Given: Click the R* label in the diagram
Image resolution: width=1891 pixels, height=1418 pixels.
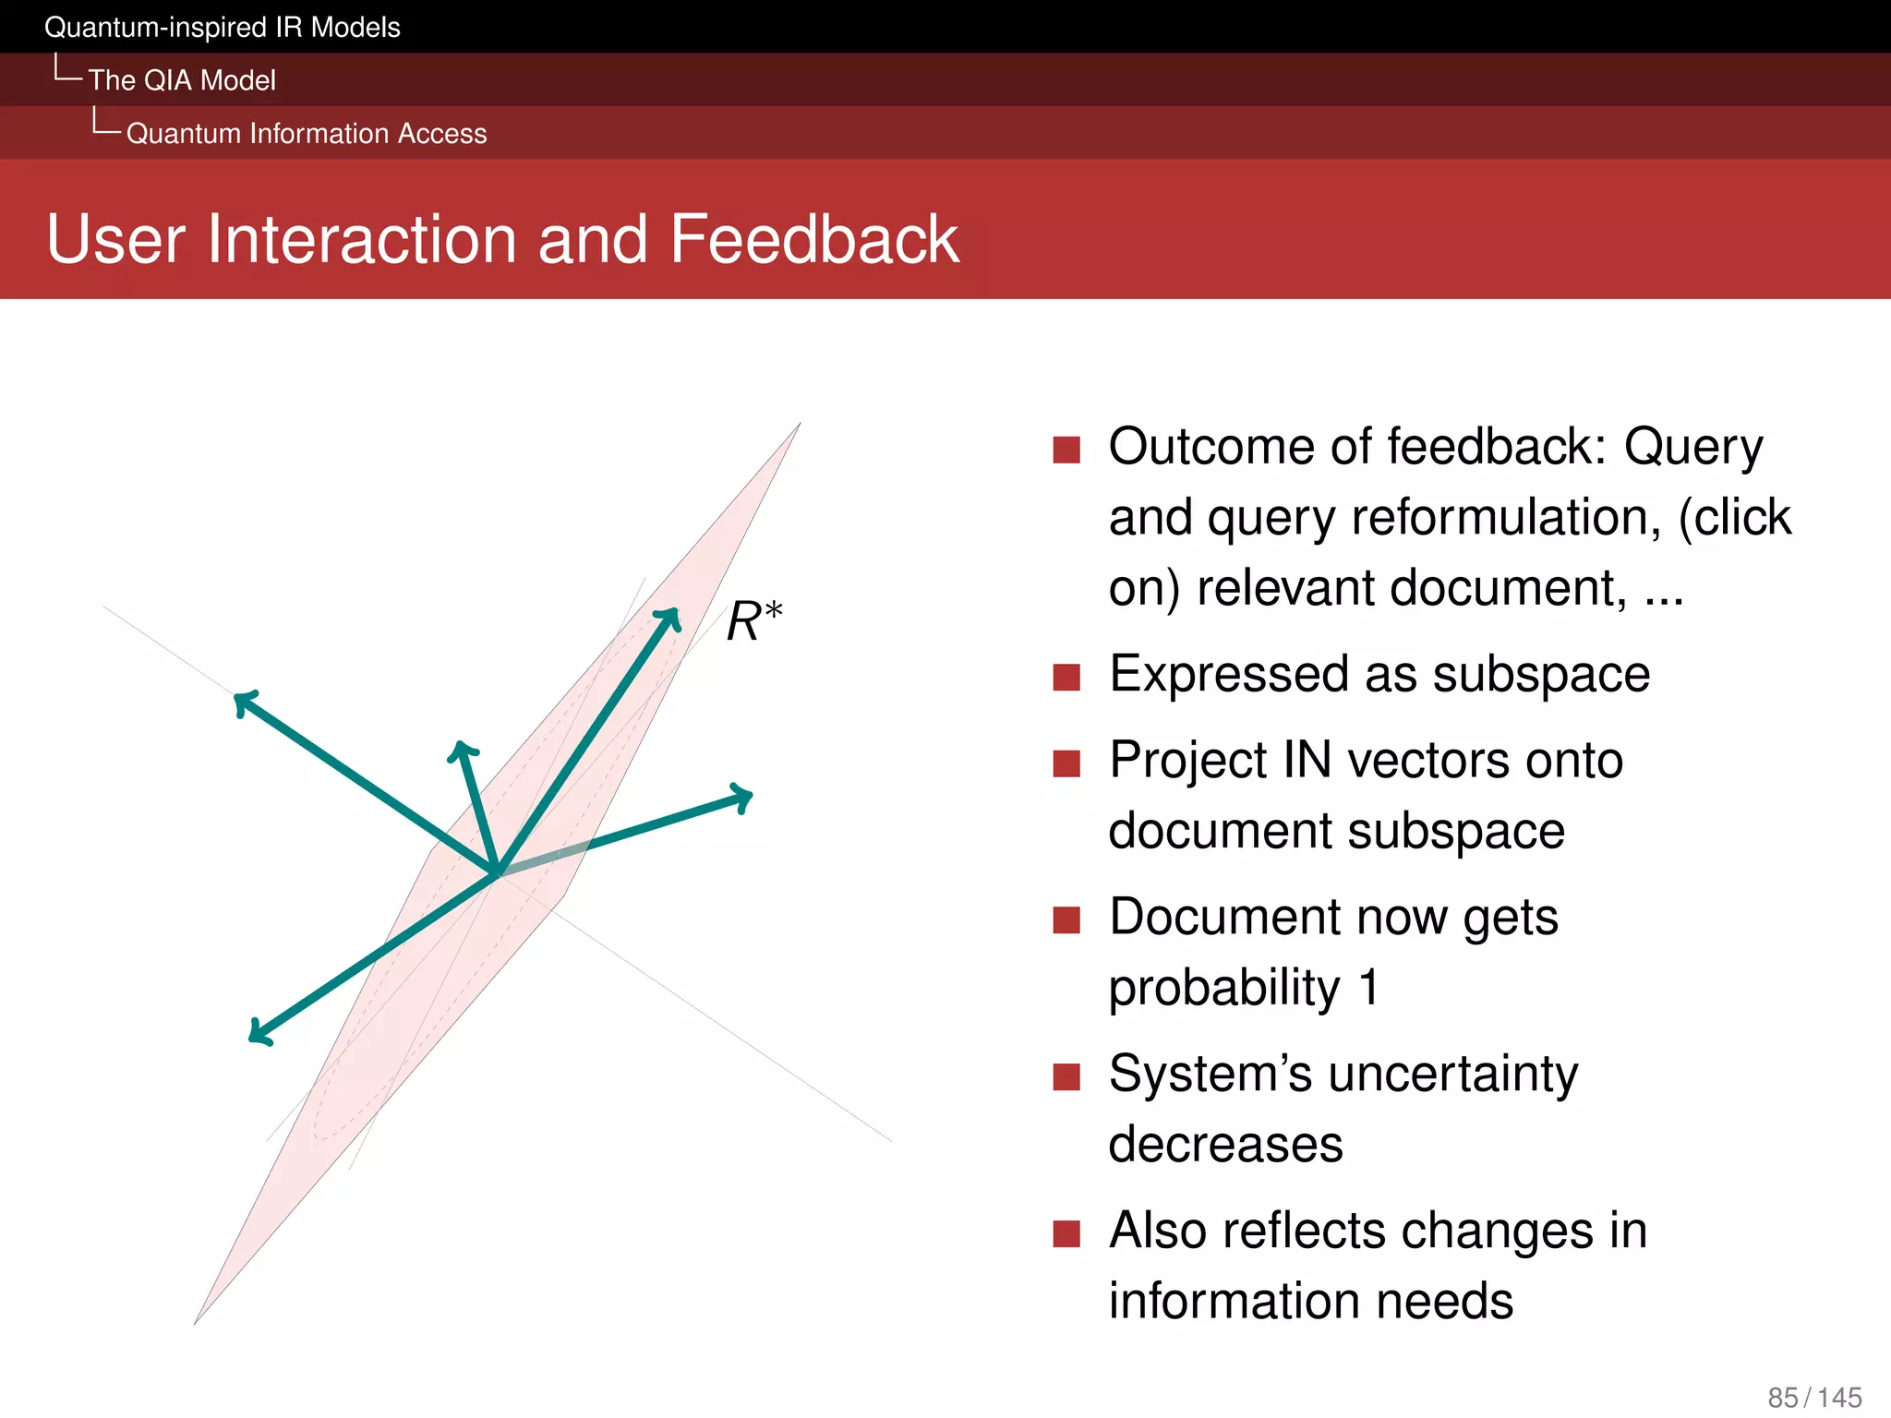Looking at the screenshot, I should pos(753,620).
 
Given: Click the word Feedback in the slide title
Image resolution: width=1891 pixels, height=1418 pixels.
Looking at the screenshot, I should pos(813,240).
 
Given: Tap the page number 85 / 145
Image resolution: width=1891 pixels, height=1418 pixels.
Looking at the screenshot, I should pos(1813,1397).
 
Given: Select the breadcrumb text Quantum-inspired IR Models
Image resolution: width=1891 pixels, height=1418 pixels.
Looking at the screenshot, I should pos(222,28).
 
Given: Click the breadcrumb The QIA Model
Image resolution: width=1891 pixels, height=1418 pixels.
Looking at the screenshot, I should pos(182,80).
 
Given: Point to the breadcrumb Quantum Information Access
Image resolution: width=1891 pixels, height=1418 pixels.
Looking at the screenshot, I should pos(307,134).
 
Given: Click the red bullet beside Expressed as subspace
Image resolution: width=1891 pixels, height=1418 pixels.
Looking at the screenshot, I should pos(1066,677).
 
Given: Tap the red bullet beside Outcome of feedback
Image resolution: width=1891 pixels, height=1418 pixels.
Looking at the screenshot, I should pos(1066,450).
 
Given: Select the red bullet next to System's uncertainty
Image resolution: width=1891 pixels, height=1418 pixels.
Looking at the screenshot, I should pos(1066,1076).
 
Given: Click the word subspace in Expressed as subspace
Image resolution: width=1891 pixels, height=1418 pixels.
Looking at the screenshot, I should pos(1540,675).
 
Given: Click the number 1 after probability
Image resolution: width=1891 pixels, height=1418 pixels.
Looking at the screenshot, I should pos(1368,987).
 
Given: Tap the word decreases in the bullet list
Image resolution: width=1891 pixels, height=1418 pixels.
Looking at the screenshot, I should pos(1225,1145).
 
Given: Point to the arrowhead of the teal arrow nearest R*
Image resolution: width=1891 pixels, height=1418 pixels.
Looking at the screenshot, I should pos(673,614).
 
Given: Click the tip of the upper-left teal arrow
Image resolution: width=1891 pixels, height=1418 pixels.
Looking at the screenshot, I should pos(239,698).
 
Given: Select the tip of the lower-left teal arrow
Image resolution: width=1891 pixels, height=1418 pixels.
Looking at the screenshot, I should pos(256,1038).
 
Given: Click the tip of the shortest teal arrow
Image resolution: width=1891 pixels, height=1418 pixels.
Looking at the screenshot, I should pos(462,746).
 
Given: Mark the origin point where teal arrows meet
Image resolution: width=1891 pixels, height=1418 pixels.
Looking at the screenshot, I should pos(497,871).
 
